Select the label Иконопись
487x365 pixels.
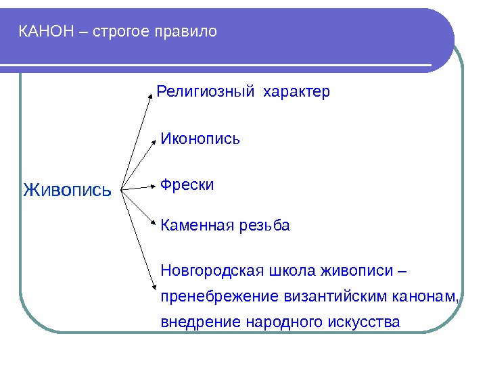[201, 139]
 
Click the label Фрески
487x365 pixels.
[187, 185]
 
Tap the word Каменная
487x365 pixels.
[196, 225]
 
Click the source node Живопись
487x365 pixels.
[67, 190]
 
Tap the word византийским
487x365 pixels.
[340, 297]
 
